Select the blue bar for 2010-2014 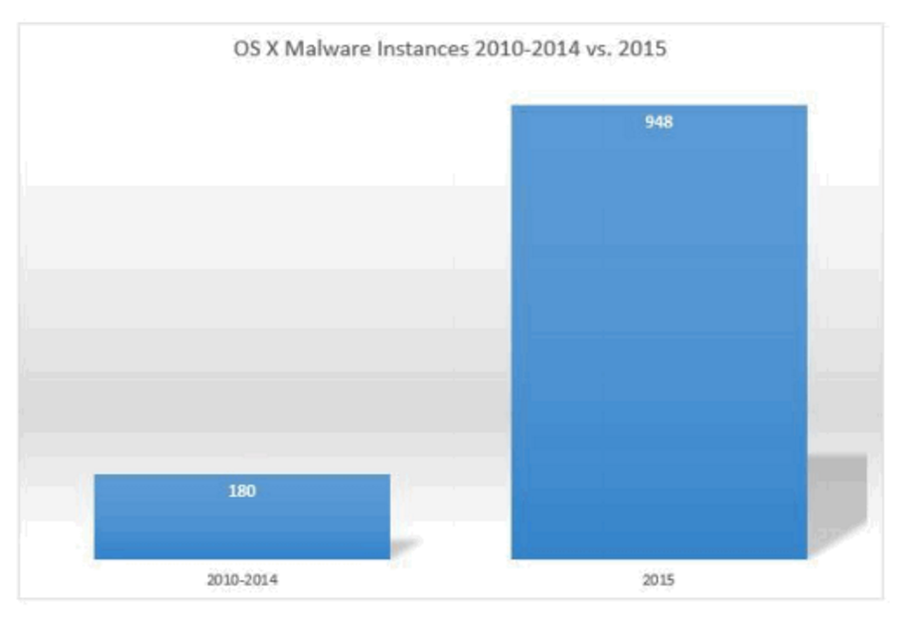241,527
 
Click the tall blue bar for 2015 658,338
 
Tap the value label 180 242,491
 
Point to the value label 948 659,125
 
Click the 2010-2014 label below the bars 241,579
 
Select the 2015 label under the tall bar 659,579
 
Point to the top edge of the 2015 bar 658,105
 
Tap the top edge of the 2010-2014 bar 241,475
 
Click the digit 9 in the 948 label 650,125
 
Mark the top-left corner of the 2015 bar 513,106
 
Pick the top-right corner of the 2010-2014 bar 388,475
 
